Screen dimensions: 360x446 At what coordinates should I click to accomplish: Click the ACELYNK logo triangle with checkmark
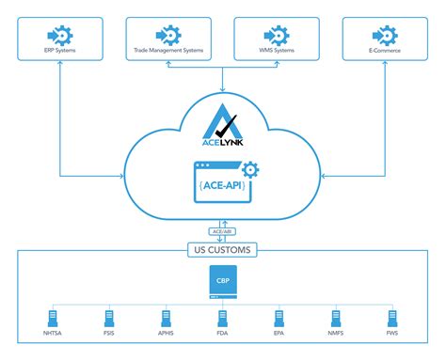tap(223, 126)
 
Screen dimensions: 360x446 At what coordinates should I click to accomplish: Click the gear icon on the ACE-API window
tap(249, 170)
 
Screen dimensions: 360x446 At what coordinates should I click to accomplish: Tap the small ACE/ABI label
tap(223, 230)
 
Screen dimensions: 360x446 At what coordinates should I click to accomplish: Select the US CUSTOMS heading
tap(223, 251)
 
